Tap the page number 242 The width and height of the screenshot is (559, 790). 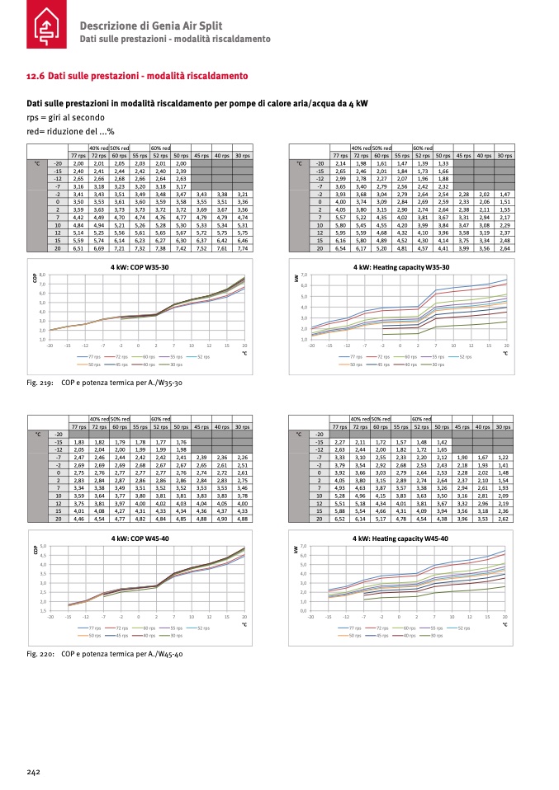(33, 771)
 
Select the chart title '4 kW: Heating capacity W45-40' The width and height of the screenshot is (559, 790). (400, 538)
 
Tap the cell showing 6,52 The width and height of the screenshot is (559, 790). (339, 519)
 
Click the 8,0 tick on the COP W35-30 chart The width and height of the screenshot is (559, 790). (41, 274)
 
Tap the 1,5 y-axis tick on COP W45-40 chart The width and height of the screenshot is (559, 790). (41, 611)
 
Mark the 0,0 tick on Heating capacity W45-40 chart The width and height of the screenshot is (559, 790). (304, 611)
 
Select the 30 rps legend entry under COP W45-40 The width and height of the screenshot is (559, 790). (173, 635)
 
